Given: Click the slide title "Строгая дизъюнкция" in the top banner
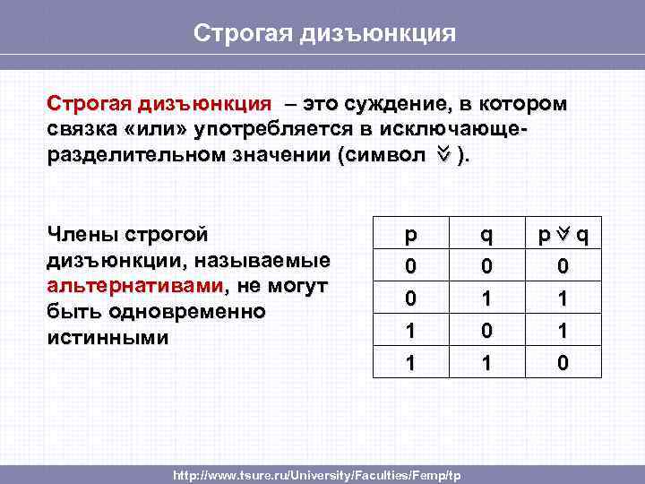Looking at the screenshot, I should (x=325, y=33).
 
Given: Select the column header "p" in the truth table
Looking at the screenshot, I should (x=410, y=236).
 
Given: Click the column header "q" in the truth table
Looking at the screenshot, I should (x=486, y=236).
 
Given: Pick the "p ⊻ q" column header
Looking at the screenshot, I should (x=563, y=236).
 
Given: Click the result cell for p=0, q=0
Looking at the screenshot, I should (x=563, y=267).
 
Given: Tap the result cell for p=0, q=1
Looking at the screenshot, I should (x=563, y=298).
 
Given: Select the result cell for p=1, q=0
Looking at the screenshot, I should (x=563, y=332).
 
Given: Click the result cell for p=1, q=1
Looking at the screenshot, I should (x=563, y=365).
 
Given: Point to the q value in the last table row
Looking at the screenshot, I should (x=486, y=365).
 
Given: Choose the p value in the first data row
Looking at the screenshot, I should (x=410, y=267).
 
